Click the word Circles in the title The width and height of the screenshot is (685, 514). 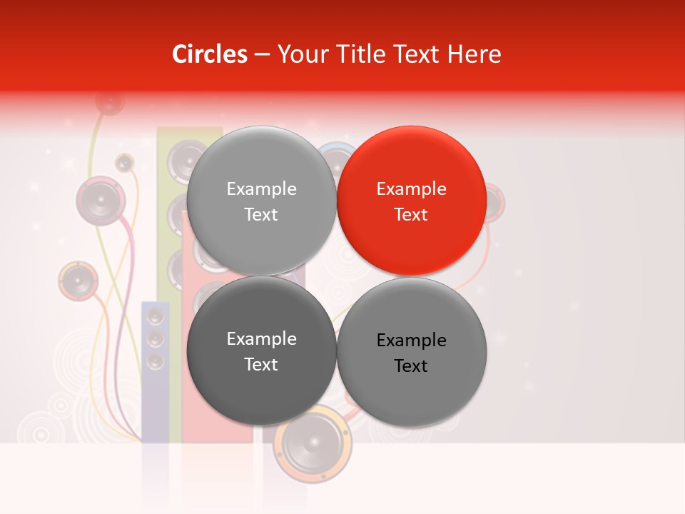209,54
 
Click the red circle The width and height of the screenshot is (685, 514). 412,201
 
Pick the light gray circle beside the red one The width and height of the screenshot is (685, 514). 261,201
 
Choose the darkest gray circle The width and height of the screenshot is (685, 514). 261,351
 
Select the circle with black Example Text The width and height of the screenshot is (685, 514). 412,352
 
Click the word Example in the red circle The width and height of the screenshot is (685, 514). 411,188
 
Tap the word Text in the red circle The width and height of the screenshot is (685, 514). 411,214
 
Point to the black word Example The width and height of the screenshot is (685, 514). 411,340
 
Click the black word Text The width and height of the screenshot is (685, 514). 411,366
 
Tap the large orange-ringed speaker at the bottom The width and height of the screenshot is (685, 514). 313,443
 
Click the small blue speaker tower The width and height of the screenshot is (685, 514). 155,371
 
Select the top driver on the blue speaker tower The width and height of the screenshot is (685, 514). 155,315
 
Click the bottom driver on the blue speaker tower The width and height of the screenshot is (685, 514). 155,361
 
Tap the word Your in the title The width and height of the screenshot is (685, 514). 300,54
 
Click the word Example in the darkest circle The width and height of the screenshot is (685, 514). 261,338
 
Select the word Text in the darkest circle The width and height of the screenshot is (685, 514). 261,364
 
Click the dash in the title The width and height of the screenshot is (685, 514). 262,54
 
